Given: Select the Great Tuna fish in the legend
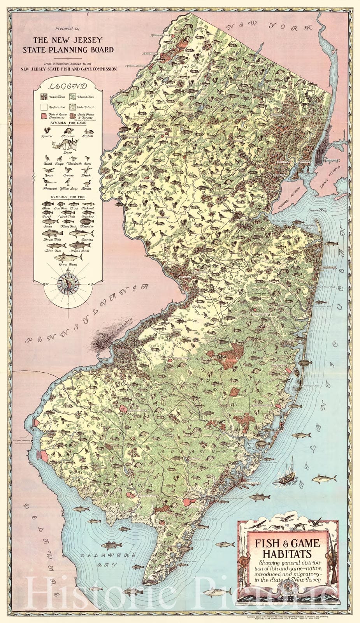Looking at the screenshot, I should [x=68, y=258].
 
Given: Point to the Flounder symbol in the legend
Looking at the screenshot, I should [x=87, y=221].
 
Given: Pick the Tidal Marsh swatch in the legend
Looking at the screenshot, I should [x=72, y=107].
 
